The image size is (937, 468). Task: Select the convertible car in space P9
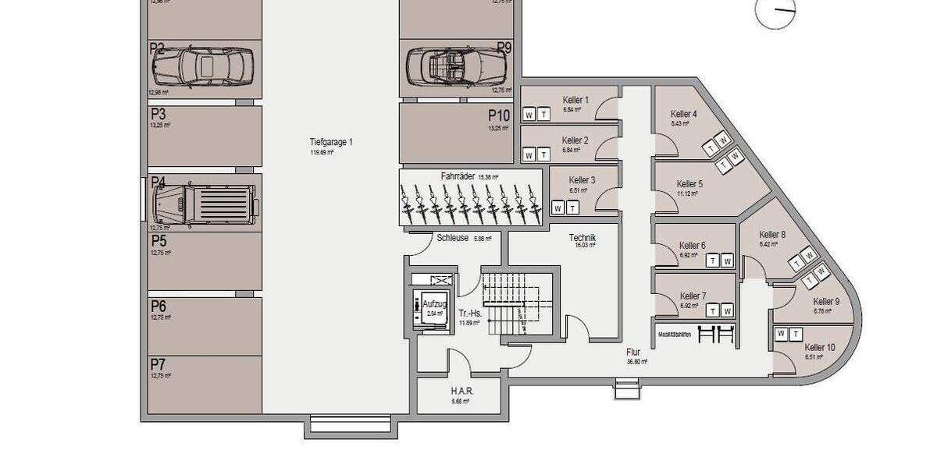(457, 66)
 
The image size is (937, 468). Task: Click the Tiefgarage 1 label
(331, 142)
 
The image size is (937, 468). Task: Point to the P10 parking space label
(499, 116)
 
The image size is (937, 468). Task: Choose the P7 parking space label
(159, 364)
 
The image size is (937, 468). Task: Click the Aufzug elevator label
(434, 303)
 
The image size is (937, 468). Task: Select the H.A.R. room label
(461, 390)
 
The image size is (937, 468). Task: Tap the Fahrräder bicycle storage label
(458, 177)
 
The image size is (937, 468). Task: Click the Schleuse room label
(453, 238)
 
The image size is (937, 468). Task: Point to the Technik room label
(583, 238)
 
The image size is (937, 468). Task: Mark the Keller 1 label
(575, 99)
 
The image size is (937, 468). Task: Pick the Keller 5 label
(689, 184)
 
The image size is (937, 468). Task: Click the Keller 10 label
(819, 347)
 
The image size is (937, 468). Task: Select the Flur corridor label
(632, 352)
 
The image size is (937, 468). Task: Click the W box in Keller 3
(558, 207)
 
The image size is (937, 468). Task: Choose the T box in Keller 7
(714, 310)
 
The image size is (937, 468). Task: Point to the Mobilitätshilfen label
(675, 333)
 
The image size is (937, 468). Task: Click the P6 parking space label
(159, 306)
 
